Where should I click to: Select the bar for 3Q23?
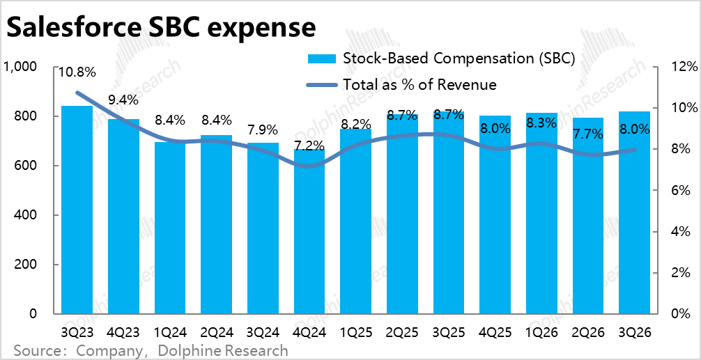pos(77,209)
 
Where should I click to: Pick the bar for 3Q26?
pos(635,212)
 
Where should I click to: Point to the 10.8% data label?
pos(77,72)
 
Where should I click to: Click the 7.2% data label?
pos(309,146)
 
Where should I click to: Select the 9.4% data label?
pos(123,100)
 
